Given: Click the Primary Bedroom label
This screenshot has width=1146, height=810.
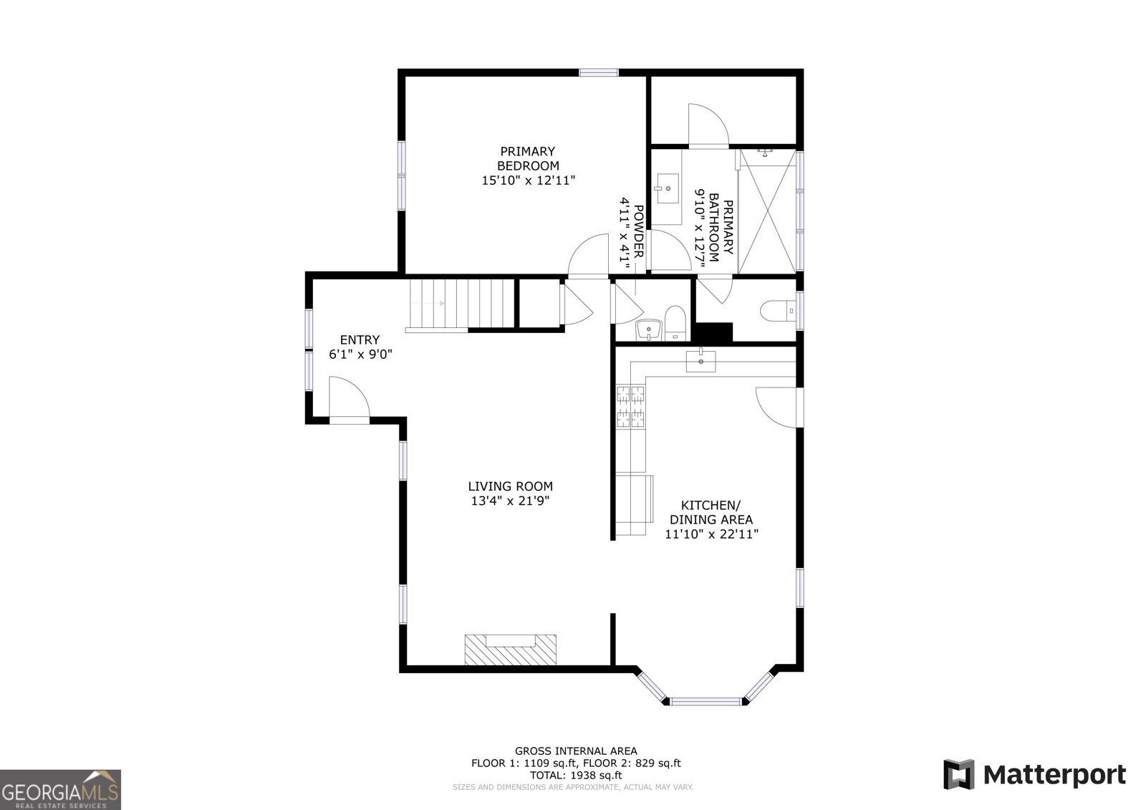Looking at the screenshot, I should (x=528, y=158).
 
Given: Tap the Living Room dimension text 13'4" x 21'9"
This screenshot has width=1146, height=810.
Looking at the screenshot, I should (x=510, y=501).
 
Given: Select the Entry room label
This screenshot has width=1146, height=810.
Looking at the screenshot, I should (x=360, y=340).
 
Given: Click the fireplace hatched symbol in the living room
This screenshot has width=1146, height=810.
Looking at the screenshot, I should (x=511, y=650).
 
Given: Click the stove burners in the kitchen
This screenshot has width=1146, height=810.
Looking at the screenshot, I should (x=630, y=405).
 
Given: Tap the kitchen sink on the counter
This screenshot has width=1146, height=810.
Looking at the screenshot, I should (x=700, y=361).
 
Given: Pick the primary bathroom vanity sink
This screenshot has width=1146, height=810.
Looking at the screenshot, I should (x=667, y=189).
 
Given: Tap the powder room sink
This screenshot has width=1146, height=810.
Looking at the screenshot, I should (x=649, y=330).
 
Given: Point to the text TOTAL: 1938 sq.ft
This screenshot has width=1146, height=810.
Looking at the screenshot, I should (x=575, y=775).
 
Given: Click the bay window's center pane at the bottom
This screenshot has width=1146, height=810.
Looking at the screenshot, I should (x=706, y=701).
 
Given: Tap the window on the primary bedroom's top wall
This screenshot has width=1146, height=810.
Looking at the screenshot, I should (x=598, y=72).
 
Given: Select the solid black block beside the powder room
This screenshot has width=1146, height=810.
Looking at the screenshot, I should (x=713, y=332).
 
